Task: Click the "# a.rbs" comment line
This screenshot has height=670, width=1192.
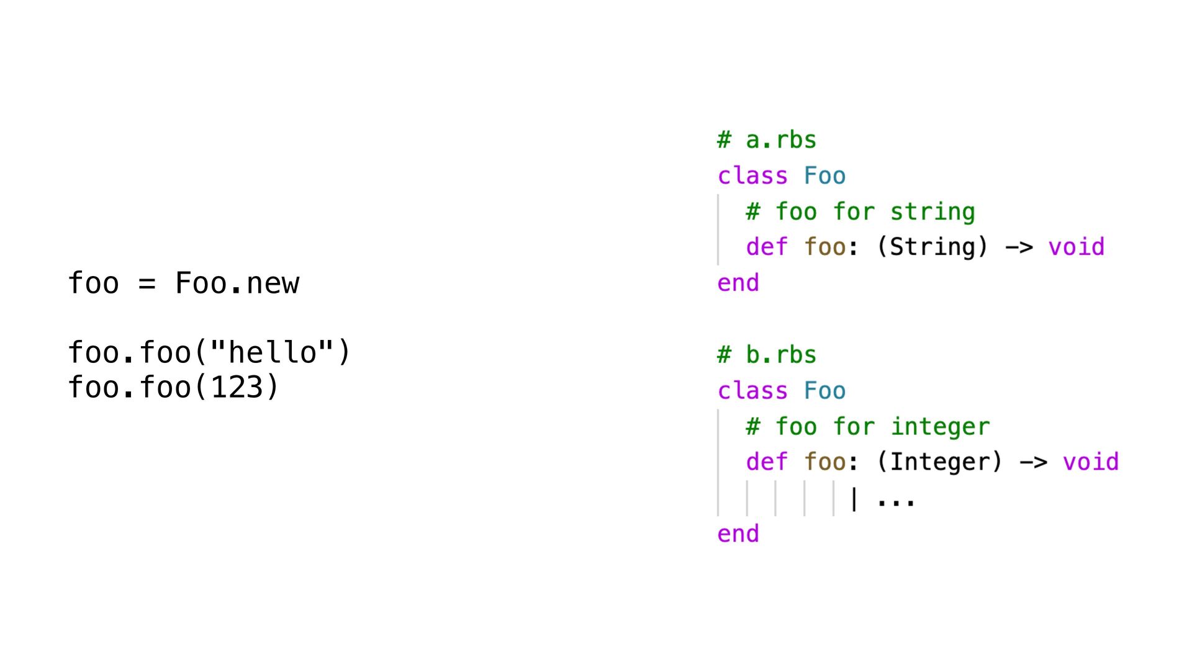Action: pos(767,140)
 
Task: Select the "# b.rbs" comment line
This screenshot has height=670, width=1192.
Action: pos(767,355)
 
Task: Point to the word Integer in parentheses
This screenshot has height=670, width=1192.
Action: pos(939,462)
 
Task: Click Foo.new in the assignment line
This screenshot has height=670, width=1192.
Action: pos(237,284)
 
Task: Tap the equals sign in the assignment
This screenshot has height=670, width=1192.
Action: pos(147,284)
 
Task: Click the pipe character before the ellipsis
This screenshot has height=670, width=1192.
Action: pos(854,499)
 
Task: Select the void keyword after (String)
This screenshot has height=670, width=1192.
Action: pos(1077,247)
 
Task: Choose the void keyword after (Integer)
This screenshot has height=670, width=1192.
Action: pos(1091,462)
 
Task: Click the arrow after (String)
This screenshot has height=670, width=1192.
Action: pos(1019,248)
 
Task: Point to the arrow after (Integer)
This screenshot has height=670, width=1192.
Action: pos(1033,463)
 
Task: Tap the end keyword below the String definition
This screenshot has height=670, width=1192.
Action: pos(738,284)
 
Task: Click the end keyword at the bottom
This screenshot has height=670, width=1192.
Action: pos(738,534)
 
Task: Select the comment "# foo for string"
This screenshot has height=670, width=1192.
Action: pos(860,212)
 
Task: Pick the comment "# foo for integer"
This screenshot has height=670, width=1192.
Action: pos(868,427)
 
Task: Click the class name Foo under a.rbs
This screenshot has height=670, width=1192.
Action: pos(824,176)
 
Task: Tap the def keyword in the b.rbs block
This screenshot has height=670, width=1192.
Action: pos(767,462)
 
